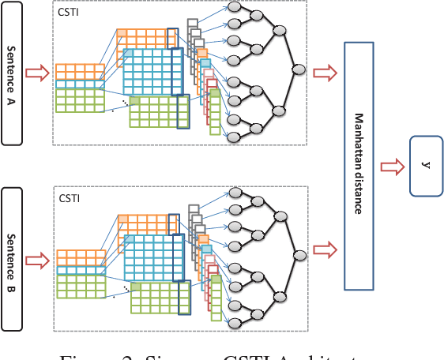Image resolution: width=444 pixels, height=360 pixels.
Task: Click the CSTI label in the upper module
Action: point(68,13)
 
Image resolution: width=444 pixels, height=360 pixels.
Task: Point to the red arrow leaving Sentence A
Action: point(37,74)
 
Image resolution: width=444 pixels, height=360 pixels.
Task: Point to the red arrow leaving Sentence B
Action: point(37,257)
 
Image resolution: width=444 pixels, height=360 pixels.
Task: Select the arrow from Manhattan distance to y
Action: point(391,167)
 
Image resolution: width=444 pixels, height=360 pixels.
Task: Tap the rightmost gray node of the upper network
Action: point(299,70)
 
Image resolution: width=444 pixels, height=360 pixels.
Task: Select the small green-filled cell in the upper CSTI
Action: point(134,101)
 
